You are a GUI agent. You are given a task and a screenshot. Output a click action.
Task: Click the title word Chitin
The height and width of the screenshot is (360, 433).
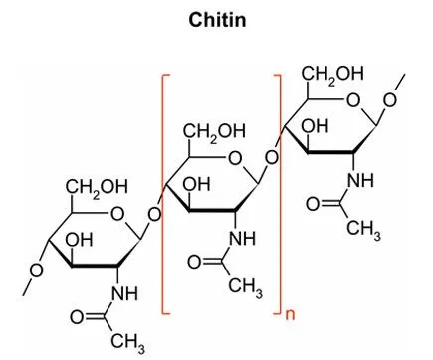[x=216, y=20]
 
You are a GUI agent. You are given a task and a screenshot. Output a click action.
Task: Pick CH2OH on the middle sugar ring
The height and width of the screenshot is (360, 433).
[x=211, y=132]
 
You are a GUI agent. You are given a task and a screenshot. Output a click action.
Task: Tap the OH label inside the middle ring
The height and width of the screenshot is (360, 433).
[x=195, y=184]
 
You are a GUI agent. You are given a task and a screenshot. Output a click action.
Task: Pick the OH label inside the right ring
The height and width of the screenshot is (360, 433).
[x=318, y=126]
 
